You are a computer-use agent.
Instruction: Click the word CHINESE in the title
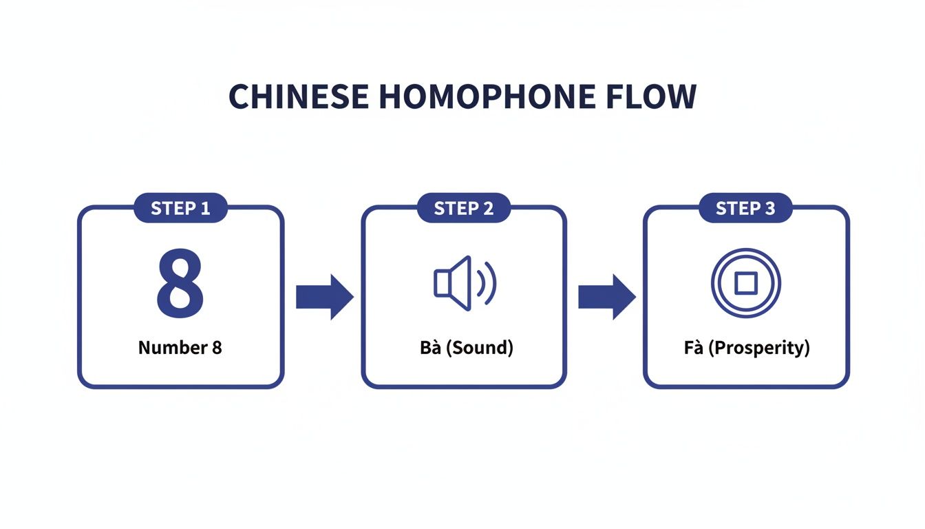(x=299, y=98)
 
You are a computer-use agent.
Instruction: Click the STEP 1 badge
(x=180, y=208)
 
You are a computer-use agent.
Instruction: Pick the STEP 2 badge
(x=464, y=208)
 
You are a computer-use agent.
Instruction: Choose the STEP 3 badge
(x=745, y=208)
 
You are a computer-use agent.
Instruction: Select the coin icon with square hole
(x=745, y=282)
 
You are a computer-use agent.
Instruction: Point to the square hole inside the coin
(x=745, y=282)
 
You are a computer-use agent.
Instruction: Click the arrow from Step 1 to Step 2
(x=323, y=297)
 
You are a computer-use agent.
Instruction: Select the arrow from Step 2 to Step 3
(x=606, y=297)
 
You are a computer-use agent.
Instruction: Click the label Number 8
(x=180, y=348)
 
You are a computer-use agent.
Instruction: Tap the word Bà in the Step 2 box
(x=429, y=348)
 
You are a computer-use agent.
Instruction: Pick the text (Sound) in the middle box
(x=478, y=348)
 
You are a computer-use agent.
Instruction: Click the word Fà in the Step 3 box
(x=693, y=348)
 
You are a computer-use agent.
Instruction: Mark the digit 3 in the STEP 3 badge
(x=769, y=208)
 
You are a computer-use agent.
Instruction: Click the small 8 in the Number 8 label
(x=217, y=348)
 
